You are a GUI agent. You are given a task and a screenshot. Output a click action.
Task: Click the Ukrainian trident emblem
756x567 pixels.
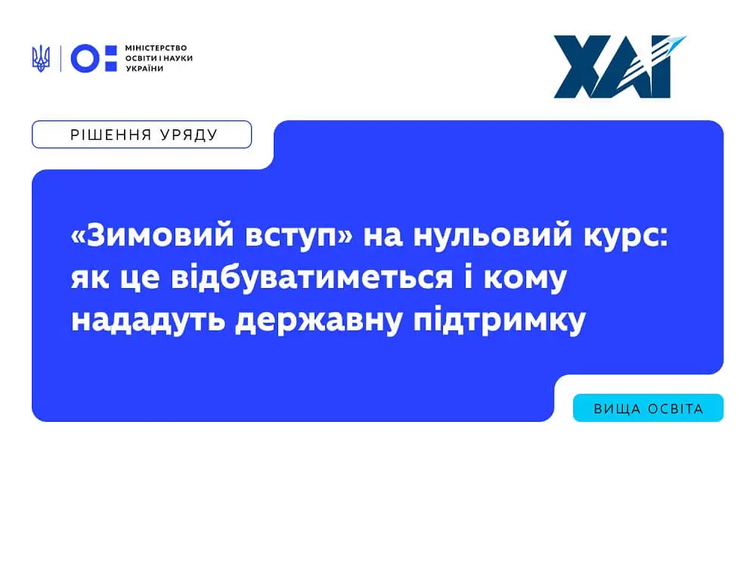click(x=40, y=58)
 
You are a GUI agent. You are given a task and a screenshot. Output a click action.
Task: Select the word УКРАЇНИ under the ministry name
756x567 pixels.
click(x=144, y=69)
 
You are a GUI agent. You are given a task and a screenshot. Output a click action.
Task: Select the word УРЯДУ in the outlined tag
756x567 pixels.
click(x=188, y=135)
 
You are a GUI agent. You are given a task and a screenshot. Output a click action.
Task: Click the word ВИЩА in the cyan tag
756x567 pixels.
click(x=614, y=409)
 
